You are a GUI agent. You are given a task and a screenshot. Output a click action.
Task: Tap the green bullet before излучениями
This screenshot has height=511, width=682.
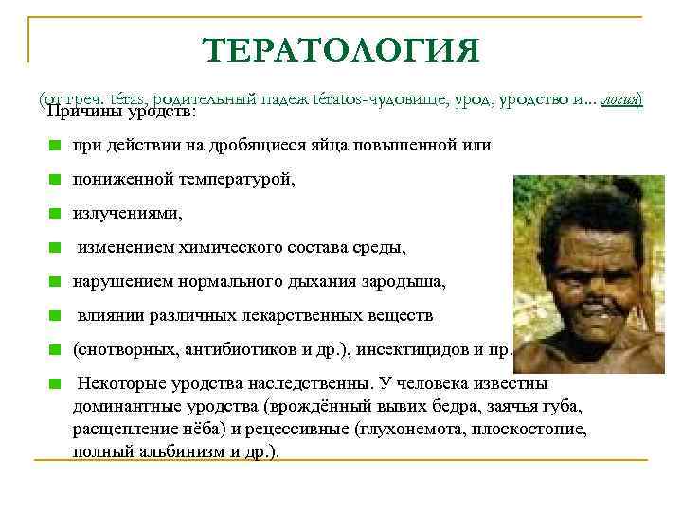pos(57,215)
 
